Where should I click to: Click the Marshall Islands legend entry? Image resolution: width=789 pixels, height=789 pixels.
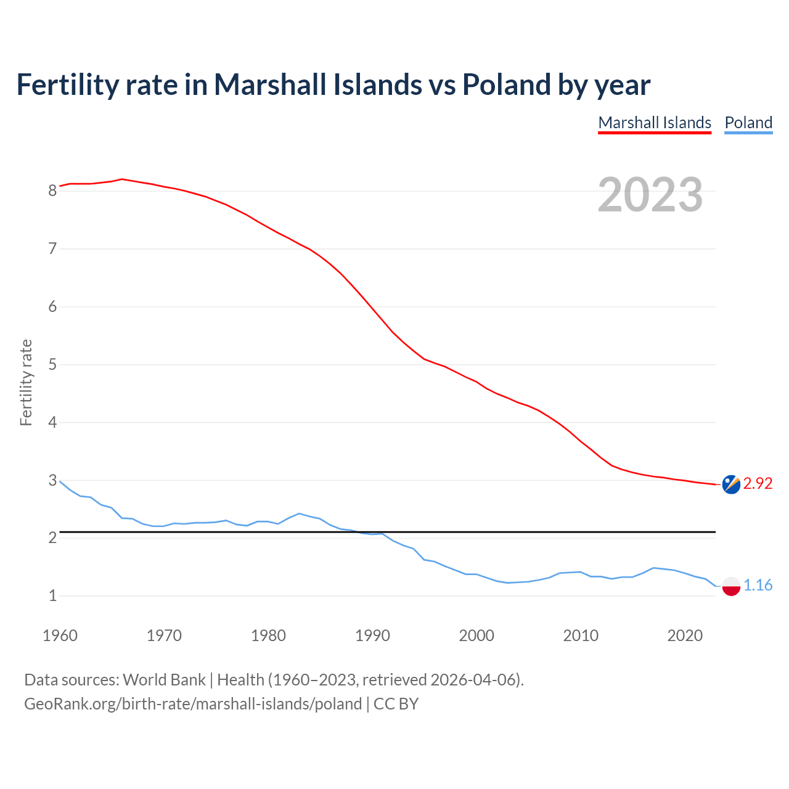(x=655, y=123)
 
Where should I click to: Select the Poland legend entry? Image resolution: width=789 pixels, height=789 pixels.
(x=748, y=123)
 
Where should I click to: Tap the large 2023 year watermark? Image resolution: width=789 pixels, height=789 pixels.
(x=650, y=195)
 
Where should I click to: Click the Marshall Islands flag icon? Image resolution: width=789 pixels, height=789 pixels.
(x=730, y=484)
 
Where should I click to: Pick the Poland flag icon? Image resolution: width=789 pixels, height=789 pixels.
(x=730, y=586)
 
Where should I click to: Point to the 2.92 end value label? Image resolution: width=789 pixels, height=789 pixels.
(x=758, y=484)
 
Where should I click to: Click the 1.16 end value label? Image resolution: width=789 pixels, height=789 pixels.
(x=758, y=586)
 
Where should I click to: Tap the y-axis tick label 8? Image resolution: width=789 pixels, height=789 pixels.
(x=52, y=191)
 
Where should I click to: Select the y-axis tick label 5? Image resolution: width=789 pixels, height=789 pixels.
(x=52, y=365)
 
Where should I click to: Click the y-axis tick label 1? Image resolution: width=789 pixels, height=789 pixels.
(x=52, y=596)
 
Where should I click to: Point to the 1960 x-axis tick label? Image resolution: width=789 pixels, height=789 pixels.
(x=60, y=636)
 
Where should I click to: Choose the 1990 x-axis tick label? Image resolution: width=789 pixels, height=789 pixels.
(x=372, y=636)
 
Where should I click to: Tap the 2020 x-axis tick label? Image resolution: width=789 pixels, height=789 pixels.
(x=685, y=636)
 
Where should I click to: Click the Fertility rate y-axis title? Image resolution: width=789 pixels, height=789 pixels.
(x=26, y=382)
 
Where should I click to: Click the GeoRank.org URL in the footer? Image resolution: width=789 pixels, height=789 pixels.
(x=193, y=704)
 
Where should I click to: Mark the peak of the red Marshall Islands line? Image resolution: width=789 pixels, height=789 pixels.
(x=122, y=179)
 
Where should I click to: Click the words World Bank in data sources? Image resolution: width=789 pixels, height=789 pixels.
(x=164, y=680)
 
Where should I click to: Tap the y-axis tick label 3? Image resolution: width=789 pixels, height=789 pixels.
(x=52, y=480)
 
